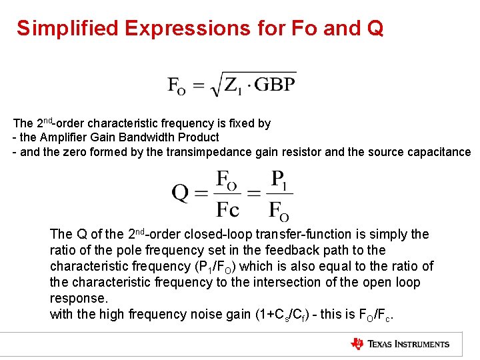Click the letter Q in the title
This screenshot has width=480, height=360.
click(x=374, y=28)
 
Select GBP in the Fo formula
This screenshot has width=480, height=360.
click(x=275, y=85)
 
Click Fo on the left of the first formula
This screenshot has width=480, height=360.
click(x=177, y=86)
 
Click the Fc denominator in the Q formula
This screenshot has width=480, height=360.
click(x=227, y=209)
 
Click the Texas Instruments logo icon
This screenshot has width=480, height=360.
click(x=357, y=344)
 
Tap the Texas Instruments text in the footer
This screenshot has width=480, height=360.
click(x=409, y=345)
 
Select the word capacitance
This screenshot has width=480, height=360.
click(x=441, y=152)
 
